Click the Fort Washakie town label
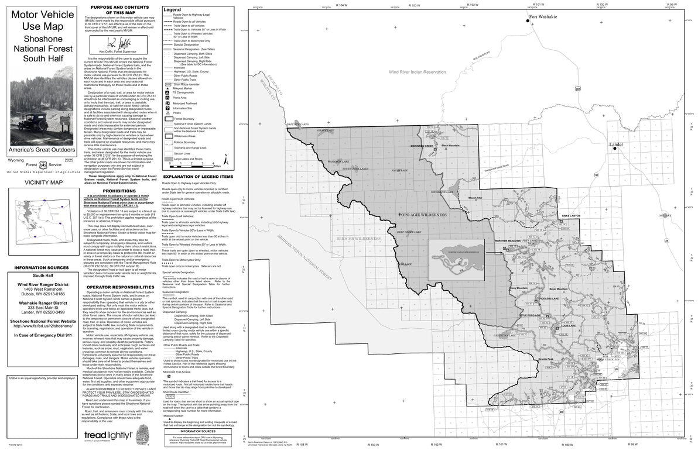(543, 18)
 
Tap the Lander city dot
(615, 149)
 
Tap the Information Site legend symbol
(168, 108)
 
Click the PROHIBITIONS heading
(119, 191)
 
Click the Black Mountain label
(450, 146)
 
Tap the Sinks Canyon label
(570, 216)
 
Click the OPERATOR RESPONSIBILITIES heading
(119, 287)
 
